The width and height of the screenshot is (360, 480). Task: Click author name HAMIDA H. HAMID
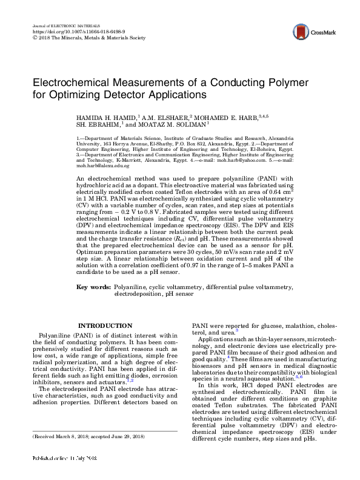tap(104, 116)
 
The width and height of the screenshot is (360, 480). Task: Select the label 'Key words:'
tap(93, 285)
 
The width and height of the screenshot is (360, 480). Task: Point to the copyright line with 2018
tap(88, 37)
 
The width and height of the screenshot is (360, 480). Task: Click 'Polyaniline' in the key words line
tap(131, 285)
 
